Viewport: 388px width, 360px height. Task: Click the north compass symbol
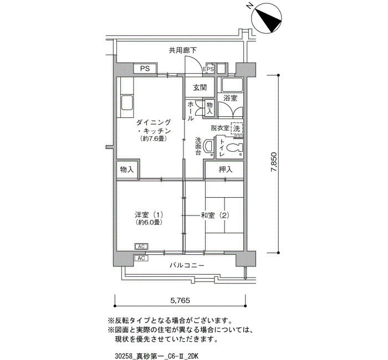266,18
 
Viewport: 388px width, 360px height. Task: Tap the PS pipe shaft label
145,68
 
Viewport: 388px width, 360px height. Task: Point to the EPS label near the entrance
208,69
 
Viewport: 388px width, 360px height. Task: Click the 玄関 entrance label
200,88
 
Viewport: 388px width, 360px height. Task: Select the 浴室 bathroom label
230,98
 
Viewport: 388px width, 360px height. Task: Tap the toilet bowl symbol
234,148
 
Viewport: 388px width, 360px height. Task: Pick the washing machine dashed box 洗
237,128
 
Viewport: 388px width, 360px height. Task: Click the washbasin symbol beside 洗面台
208,146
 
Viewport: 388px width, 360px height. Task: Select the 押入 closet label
226,169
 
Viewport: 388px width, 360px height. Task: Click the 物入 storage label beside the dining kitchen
127,169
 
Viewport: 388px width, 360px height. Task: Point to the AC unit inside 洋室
141,246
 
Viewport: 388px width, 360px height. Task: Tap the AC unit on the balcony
141,259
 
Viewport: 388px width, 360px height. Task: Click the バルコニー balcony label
187,265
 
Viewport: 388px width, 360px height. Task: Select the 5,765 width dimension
180,300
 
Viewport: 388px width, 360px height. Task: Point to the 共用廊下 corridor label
182,50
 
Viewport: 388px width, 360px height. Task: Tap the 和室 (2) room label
215,215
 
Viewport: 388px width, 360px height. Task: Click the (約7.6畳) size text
153,138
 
